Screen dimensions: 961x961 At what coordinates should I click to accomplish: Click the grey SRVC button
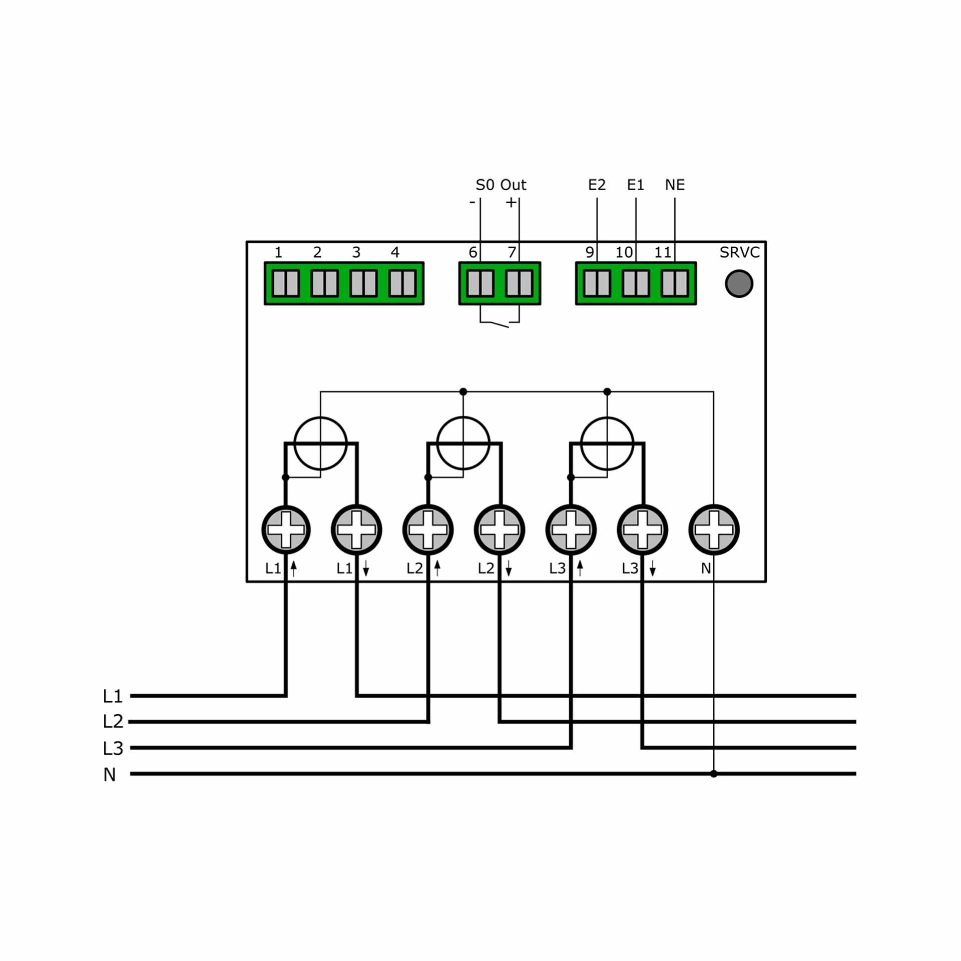[739, 284]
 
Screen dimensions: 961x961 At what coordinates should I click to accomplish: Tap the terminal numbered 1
[286, 283]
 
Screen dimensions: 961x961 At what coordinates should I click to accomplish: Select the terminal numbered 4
[402, 283]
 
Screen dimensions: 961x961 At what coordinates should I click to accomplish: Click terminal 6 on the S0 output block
[480, 283]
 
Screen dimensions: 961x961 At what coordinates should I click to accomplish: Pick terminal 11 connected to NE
[675, 283]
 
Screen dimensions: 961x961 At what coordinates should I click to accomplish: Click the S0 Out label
[501, 185]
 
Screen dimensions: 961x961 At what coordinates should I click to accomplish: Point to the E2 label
[597, 185]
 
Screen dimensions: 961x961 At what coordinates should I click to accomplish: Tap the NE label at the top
[675, 185]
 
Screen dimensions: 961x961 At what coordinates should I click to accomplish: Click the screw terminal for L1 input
[286, 530]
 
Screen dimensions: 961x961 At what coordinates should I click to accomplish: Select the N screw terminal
[714, 530]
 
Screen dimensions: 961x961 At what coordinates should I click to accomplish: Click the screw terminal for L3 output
[643, 530]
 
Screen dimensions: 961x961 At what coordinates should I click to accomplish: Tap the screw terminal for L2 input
[428, 530]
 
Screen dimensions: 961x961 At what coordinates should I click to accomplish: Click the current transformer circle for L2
[463, 443]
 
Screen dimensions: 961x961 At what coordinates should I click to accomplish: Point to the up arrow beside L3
[580, 568]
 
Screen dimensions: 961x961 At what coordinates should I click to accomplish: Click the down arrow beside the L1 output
[366, 568]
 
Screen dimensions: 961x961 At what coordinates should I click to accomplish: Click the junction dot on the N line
[714, 774]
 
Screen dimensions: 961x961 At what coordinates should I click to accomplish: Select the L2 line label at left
[113, 722]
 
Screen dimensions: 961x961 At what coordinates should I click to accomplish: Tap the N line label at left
[110, 775]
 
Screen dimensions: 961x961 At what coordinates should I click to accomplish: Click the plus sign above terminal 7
[511, 203]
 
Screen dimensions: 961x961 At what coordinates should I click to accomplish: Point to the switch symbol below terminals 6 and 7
[499, 323]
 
